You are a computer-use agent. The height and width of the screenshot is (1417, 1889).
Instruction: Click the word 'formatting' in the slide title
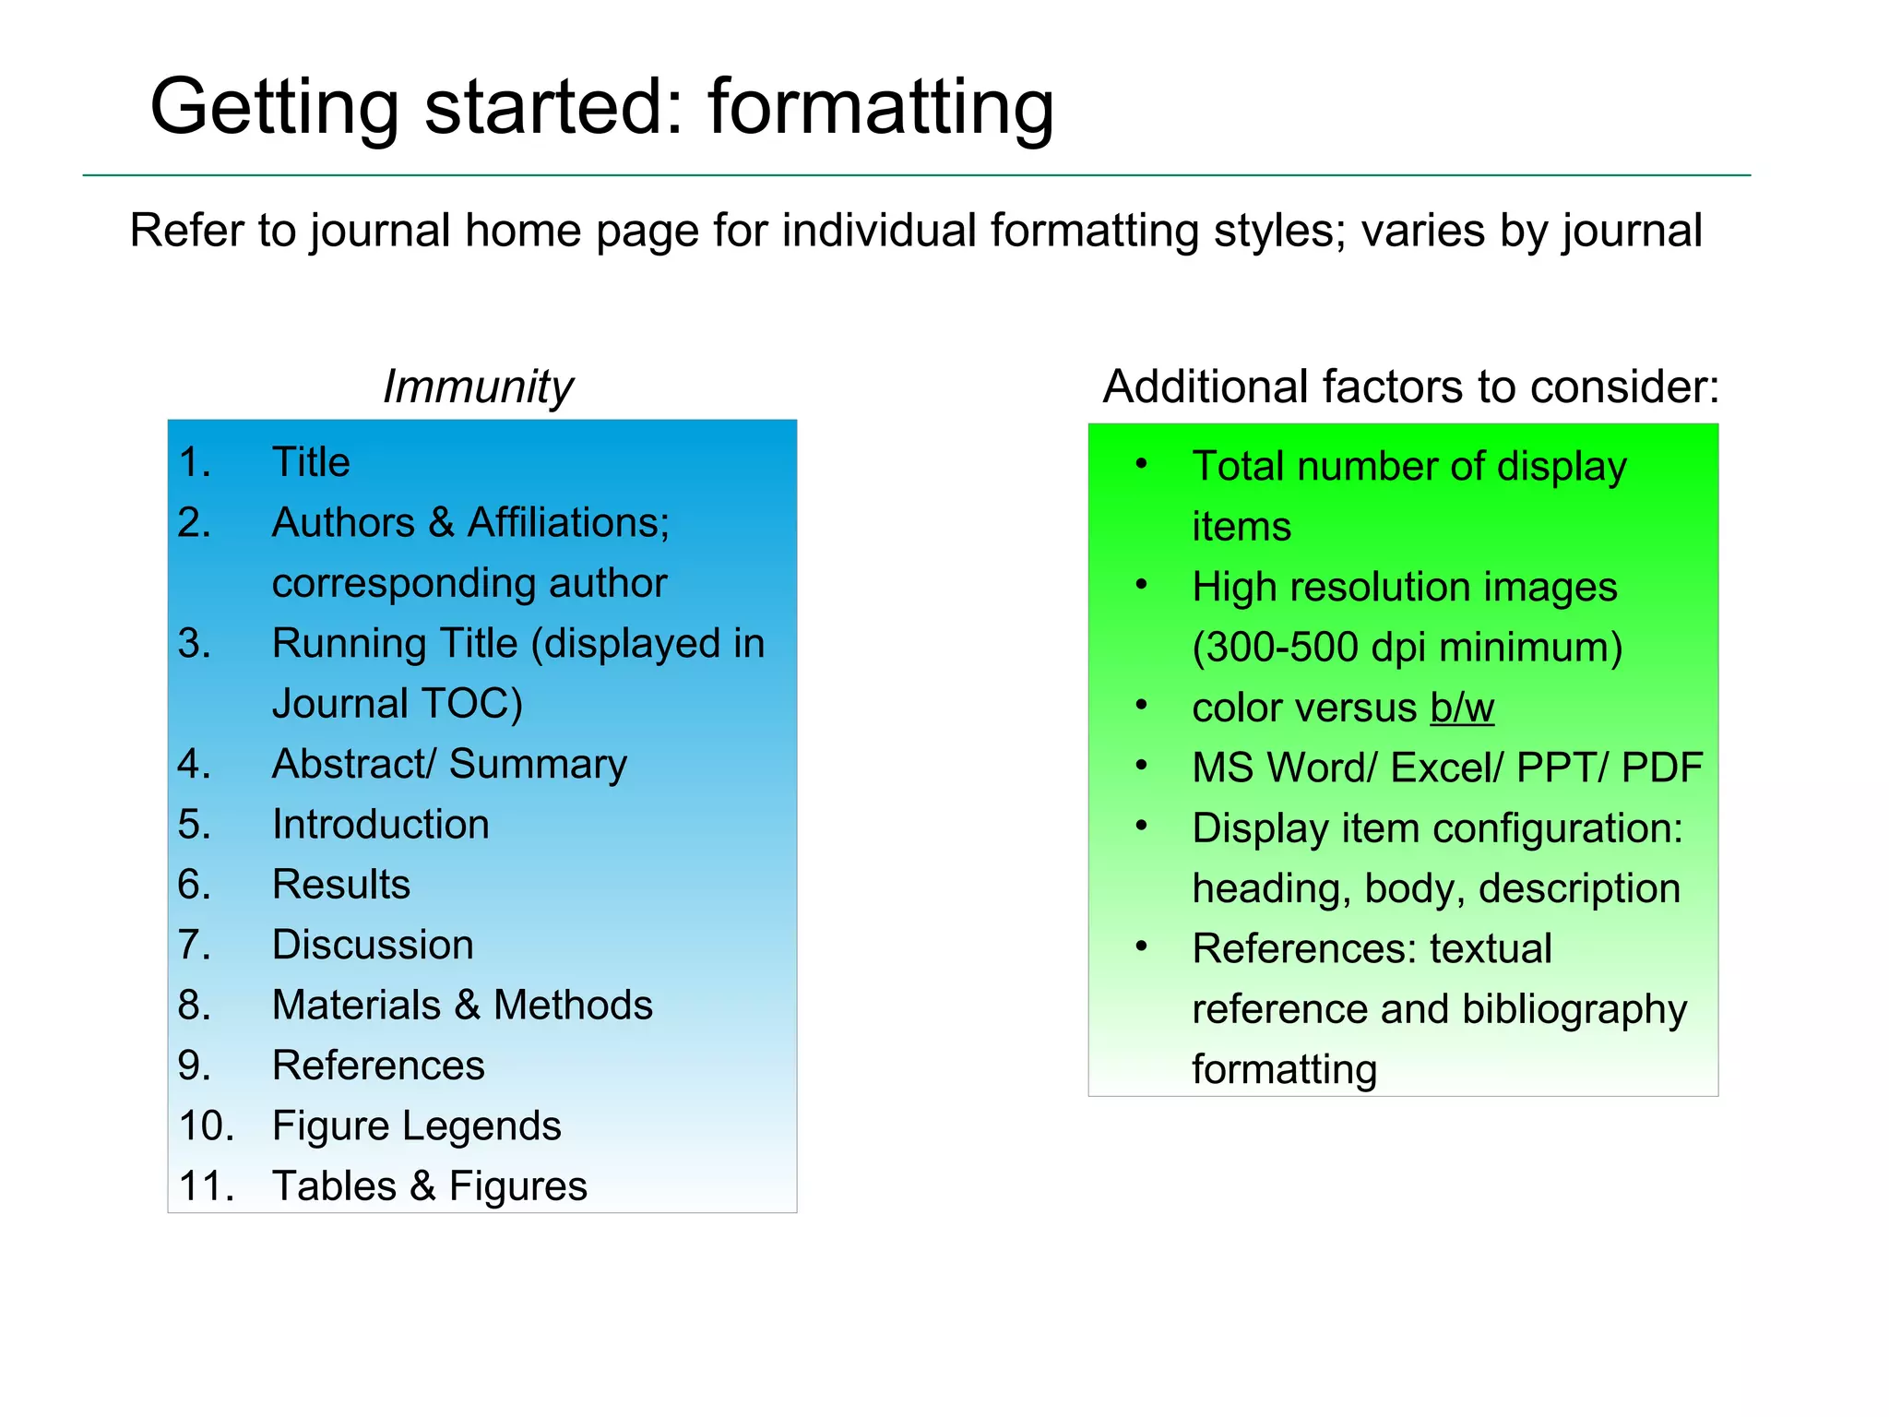tap(881, 109)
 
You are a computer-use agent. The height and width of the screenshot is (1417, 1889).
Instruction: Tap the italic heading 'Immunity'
tap(478, 387)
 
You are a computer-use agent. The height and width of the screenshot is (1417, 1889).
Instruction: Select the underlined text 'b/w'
tap(1462, 708)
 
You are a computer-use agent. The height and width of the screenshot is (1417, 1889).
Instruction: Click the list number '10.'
tap(207, 1126)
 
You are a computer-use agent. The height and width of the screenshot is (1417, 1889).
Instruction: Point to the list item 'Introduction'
tap(380, 825)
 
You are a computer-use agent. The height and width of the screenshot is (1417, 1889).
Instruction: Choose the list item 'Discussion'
tap(373, 946)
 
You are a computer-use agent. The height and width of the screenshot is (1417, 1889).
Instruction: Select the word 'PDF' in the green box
tap(1662, 768)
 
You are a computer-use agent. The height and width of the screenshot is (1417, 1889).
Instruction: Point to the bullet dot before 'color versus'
tap(1142, 706)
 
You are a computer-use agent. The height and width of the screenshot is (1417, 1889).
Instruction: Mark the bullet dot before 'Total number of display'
tap(1142, 464)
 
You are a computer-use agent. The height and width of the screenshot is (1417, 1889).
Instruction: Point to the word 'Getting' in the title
tap(275, 109)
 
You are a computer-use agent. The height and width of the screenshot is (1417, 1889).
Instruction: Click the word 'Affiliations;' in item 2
tap(568, 523)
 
